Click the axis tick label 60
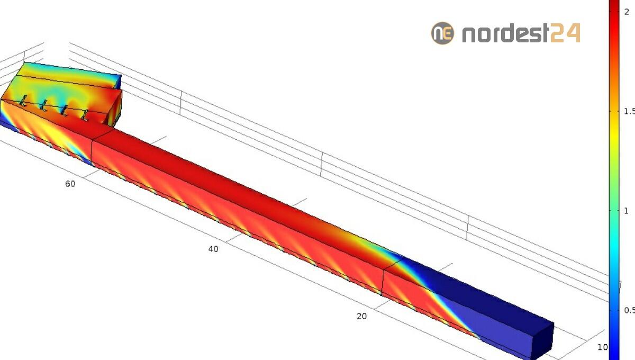click(x=70, y=184)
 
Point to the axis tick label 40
click(x=213, y=249)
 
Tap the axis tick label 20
click(x=362, y=316)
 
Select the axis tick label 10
click(x=603, y=347)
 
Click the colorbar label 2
click(x=627, y=12)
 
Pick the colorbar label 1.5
click(x=629, y=111)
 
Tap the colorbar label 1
click(x=626, y=211)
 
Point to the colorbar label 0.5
click(x=629, y=310)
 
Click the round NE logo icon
click(x=442, y=33)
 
